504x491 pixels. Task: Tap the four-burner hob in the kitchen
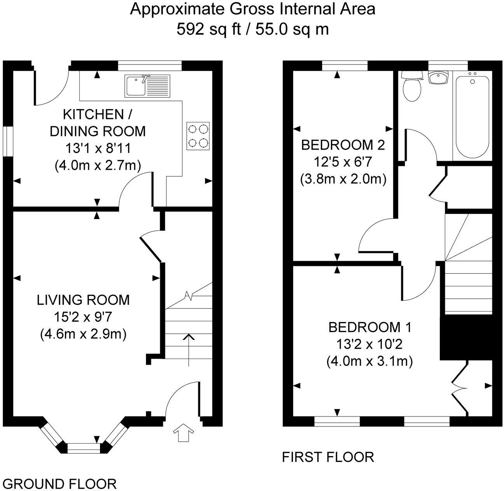(198, 136)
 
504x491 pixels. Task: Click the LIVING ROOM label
(83, 300)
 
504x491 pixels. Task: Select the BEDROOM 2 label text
(343, 145)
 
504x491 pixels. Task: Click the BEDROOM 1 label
(370, 327)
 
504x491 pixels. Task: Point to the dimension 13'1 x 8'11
(98, 148)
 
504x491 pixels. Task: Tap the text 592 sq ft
(208, 29)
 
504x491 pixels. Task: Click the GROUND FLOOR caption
(60, 484)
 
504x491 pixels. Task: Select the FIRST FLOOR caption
(328, 457)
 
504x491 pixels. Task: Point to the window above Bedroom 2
(345, 65)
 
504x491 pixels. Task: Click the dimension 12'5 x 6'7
(343, 162)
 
